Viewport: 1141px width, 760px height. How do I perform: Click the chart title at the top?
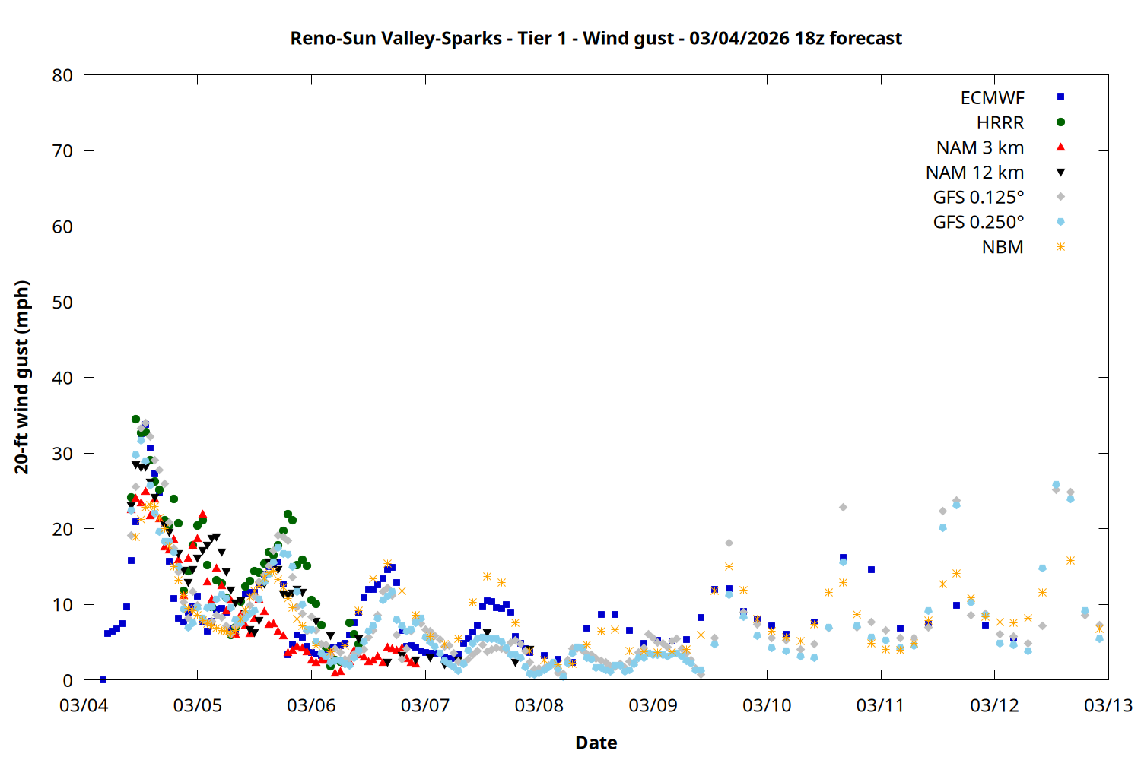[x=596, y=38]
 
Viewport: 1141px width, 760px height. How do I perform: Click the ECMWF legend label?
[x=992, y=98]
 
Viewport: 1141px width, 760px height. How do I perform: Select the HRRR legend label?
[x=1000, y=123]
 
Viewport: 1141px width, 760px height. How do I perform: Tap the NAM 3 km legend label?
[x=980, y=147]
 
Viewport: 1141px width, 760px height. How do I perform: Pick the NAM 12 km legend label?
[x=974, y=173]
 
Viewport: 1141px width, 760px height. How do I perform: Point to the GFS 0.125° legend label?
[x=978, y=198]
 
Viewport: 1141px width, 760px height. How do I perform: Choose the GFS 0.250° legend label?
[x=978, y=223]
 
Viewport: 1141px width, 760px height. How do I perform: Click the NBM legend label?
[x=1003, y=247]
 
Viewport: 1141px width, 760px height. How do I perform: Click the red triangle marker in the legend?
[x=1060, y=147]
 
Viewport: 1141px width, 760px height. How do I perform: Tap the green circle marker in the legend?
[x=1060, y=122]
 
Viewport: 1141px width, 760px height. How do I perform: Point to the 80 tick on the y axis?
[x=62, y=75]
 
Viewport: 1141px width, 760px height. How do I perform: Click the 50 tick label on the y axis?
[x=62, y=302]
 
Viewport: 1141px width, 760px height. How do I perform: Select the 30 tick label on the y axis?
[x=62, y=453]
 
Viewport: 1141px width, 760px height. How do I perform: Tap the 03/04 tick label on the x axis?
[x=84, y=705]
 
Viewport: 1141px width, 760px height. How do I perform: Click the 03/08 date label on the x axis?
[x=539, y=705]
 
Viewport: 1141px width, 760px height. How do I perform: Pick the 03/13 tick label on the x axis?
[x=1108, y=705]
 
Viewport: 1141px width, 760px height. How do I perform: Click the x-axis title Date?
[x=596, y=743]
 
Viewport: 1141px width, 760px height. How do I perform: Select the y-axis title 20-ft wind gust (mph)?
[x=22, y=377]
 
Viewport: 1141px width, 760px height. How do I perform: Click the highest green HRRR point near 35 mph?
[x=135, y=419]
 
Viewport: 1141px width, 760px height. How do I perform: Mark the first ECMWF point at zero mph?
[x=103, y=679]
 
